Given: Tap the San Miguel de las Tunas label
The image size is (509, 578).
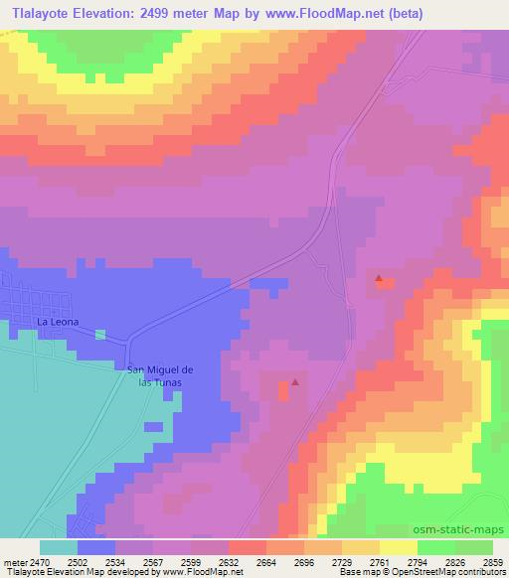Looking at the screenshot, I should (x=159, y=375).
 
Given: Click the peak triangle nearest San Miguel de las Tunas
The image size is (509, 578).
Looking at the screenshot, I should (x=294, y=381).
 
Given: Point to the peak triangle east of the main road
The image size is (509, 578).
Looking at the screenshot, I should (x=379, y=279).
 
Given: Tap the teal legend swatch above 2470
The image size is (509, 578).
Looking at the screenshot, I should (x=59, y=547).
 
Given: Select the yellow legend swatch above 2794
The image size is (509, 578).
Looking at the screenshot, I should (x=398, y=547).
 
